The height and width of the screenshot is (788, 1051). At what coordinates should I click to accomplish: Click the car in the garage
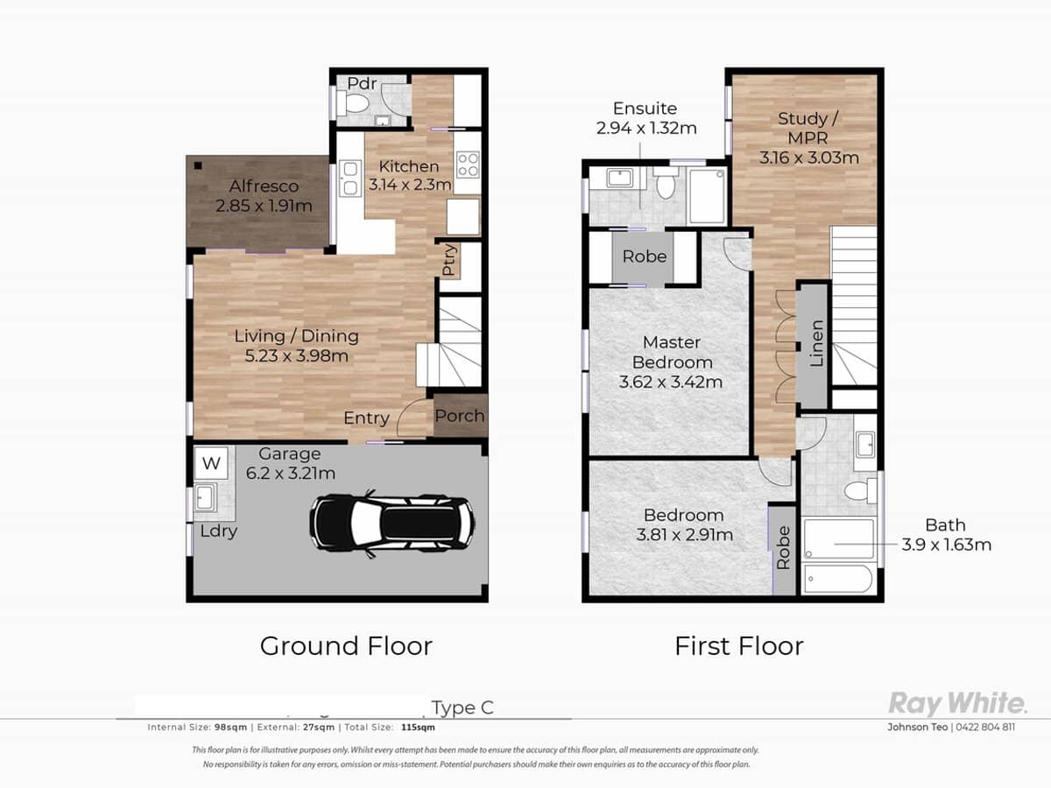coord(392,523)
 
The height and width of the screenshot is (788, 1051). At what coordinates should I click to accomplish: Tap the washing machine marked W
coord(209,462)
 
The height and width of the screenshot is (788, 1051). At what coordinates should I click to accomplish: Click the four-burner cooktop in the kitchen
coord(467,165)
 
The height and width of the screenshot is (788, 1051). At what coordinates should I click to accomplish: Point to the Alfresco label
coord(264,186)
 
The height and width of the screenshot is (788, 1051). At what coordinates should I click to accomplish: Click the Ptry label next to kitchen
coord(449,260)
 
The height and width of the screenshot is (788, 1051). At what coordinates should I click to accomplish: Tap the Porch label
coord(460,416)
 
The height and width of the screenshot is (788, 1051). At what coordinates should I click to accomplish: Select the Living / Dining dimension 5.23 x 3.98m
coord(296,356)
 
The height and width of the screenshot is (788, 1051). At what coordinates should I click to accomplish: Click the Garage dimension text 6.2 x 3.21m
coord(291,474)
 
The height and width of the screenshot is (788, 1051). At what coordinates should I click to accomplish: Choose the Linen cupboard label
coord(815,343)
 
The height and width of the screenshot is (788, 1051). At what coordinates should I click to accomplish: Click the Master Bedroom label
coord(671,352)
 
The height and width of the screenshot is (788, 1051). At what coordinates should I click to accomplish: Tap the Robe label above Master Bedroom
coord(645,257)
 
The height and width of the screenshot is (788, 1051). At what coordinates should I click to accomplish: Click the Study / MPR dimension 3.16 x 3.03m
coord(808,158)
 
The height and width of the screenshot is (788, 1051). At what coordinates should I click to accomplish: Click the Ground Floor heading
coord(346,646)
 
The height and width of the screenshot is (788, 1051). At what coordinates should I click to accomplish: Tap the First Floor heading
coord(738,646)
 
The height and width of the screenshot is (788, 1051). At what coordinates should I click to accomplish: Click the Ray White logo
coord(957,703)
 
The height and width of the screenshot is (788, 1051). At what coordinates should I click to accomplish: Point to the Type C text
coord(462,707)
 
